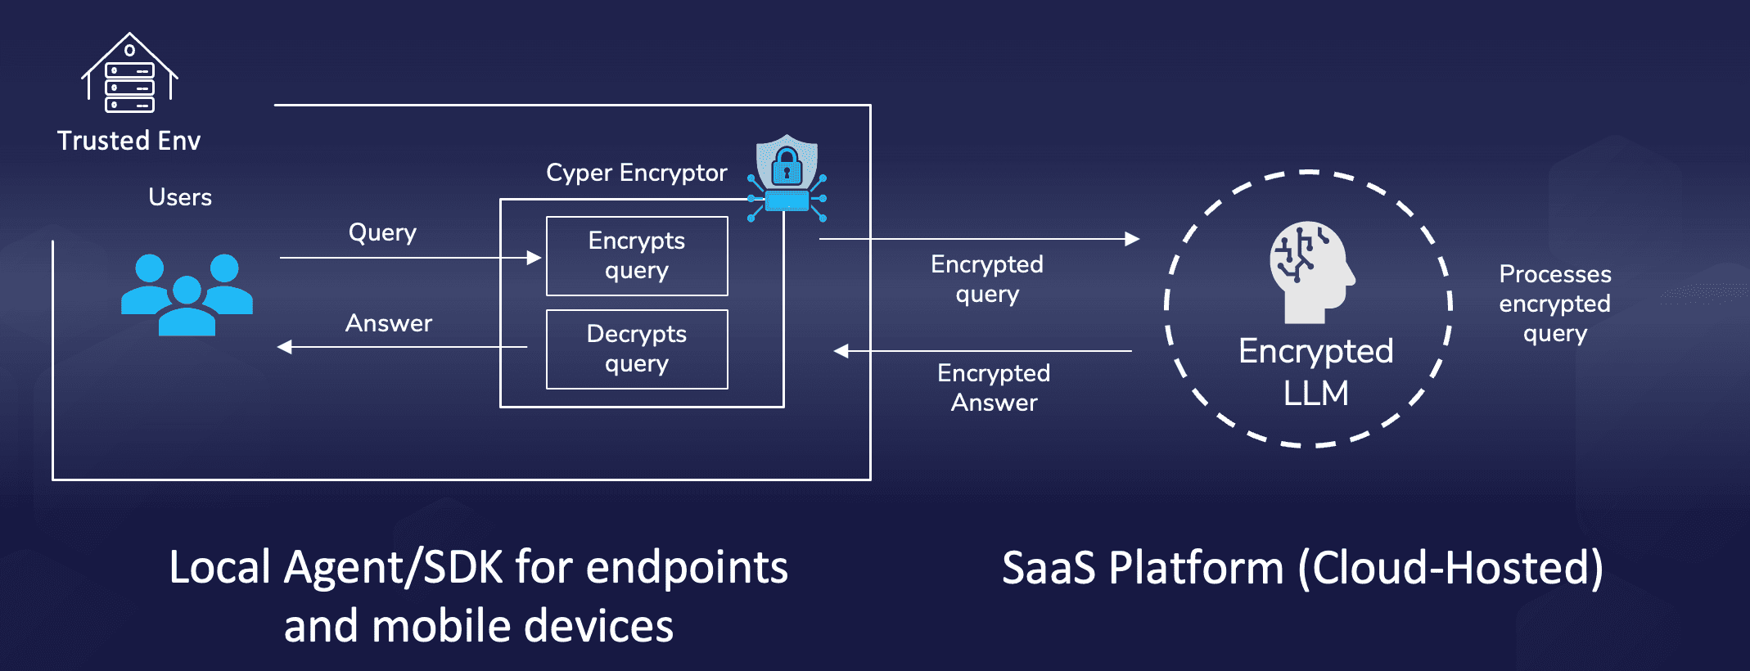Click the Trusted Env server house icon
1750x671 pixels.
[x=129, y=74]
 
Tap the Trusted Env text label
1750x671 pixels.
[x=129, y=141]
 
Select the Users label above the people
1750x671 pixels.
[x=180, y=197]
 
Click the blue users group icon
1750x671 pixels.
[x=187, y=295]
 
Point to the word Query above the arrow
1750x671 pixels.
[x=382, y=233]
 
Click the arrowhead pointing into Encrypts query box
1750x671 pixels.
[x=534, y=258]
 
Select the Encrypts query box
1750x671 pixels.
[x=637, y=256]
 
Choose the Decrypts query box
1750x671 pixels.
[x=637, y=349]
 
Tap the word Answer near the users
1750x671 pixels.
[x=389, y=323]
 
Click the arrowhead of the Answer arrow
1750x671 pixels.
[x=285, y=347]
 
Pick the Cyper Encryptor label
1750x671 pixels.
[x=636, y=173]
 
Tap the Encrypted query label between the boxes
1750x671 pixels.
[x=987, y=279]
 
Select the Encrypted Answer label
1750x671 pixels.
[x=994, y=388]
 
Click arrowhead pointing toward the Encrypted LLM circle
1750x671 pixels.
[x=1132, y=239]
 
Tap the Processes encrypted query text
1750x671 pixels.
[x=1554, y=304]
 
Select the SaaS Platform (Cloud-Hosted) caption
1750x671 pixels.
[x=1302, y=568]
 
